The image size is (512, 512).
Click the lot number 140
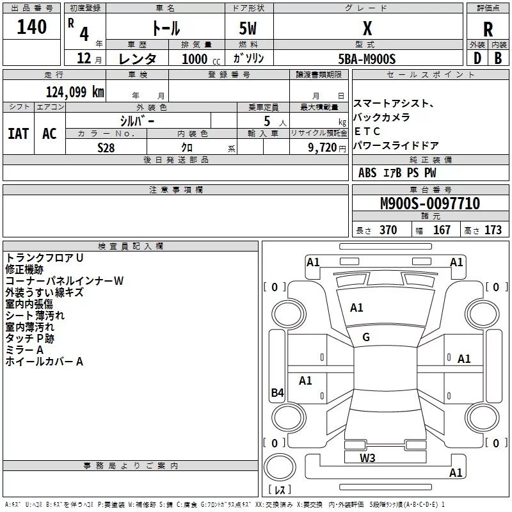(32, 27)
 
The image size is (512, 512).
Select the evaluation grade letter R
(488, 29)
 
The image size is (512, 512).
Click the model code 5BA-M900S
(367, 58)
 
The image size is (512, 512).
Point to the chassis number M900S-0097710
(429, 204)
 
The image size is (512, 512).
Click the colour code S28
(106, 147)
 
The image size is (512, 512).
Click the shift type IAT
(19, 133)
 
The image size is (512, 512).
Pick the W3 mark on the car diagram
(367, 458)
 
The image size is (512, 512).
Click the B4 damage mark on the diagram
(276, 393)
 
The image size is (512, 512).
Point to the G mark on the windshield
(366, 337)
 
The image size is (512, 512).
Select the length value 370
(388, 230)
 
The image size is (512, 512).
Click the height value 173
(493, 230)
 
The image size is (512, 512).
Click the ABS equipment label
(367, 173)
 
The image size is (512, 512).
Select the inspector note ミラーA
(24, 350)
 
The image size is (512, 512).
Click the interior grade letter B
(498, 58)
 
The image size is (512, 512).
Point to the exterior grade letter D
(477, 58)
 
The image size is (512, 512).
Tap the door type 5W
(248, 29)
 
